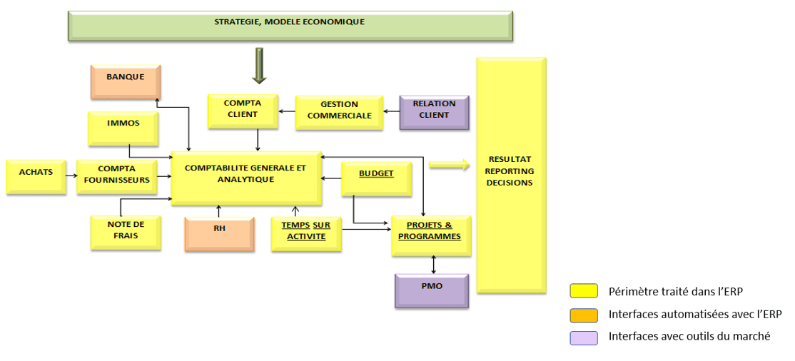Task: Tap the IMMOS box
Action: [x=123, y=128]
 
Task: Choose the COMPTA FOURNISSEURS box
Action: [x=116, y=176]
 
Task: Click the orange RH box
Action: [x=219, y=233]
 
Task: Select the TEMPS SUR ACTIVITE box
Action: [x=306, y=233]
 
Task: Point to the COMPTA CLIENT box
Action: [x=242, y=111]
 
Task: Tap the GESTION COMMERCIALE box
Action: [x=339, y=111]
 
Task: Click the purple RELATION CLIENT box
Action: [x=434, y=111]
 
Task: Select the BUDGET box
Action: [x=376, y=178]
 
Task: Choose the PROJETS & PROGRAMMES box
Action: [x=431, y=235]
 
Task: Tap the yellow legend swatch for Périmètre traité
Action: [x=583, y=291]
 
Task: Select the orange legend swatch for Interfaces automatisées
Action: [x=583, y=314]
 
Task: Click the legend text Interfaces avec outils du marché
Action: [x=689, y=337]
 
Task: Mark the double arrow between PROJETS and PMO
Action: [x=433, y=265]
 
